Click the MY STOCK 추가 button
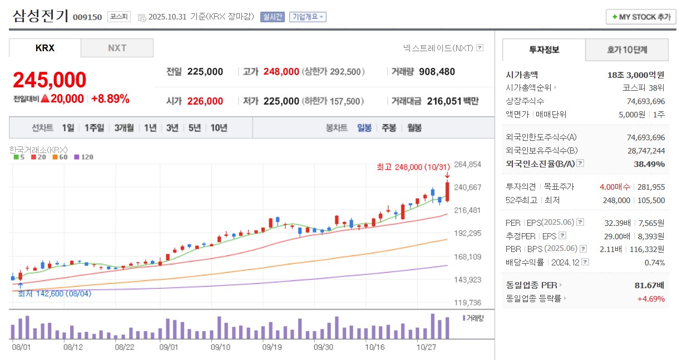coord(641,17)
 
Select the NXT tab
coord(117,48)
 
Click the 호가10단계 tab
coord(627,50)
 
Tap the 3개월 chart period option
coord(124,128)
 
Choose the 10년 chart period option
coord(219,128)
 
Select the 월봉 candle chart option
coord(414,128)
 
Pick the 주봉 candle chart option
coord(389,128)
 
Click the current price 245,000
coord(50,80)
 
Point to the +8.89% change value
coord(110,99)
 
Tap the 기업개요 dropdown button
coord(308,17)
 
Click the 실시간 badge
coord(272,17)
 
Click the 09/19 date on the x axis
coord(272,347)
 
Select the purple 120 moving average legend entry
coord(83,157)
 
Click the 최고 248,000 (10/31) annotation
coord(413,167)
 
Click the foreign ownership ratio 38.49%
coord(649,164)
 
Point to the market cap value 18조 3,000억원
coord(636,75)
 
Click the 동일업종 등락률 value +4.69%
coord(651,298)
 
